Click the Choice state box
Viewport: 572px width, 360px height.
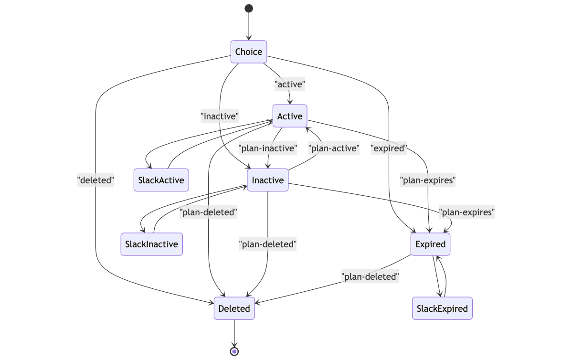(x=248, y=52)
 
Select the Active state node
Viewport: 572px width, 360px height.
(x=290, y=116)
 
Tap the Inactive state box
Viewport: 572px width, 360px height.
(x=267, y=180)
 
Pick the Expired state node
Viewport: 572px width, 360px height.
(x=430, y=244)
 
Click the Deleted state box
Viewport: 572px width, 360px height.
(x=234, y=308)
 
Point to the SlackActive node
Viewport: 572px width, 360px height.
(x=161, y=180)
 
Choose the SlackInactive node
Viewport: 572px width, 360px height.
(x=151, y=244)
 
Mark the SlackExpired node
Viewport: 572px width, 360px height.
(x=442, y=308)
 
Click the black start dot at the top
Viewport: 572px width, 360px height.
(x=248, y=8)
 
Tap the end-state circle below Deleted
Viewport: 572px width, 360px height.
(x=234, y=351)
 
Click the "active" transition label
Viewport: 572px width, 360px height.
(x=290, y=84)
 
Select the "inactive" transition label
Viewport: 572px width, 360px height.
(x=220, y=115)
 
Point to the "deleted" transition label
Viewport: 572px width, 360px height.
(x=95, y=180)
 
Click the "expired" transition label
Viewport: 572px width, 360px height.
(x=389, y=148)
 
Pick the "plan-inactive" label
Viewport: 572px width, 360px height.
(x=267, y=148)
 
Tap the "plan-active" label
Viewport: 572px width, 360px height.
(x=333, y=148)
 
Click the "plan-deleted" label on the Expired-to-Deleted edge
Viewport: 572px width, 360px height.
(x=370, y=276)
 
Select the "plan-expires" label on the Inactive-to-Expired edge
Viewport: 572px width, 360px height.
(x=466, y=212)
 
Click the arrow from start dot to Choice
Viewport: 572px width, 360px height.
(x=248, y=26)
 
